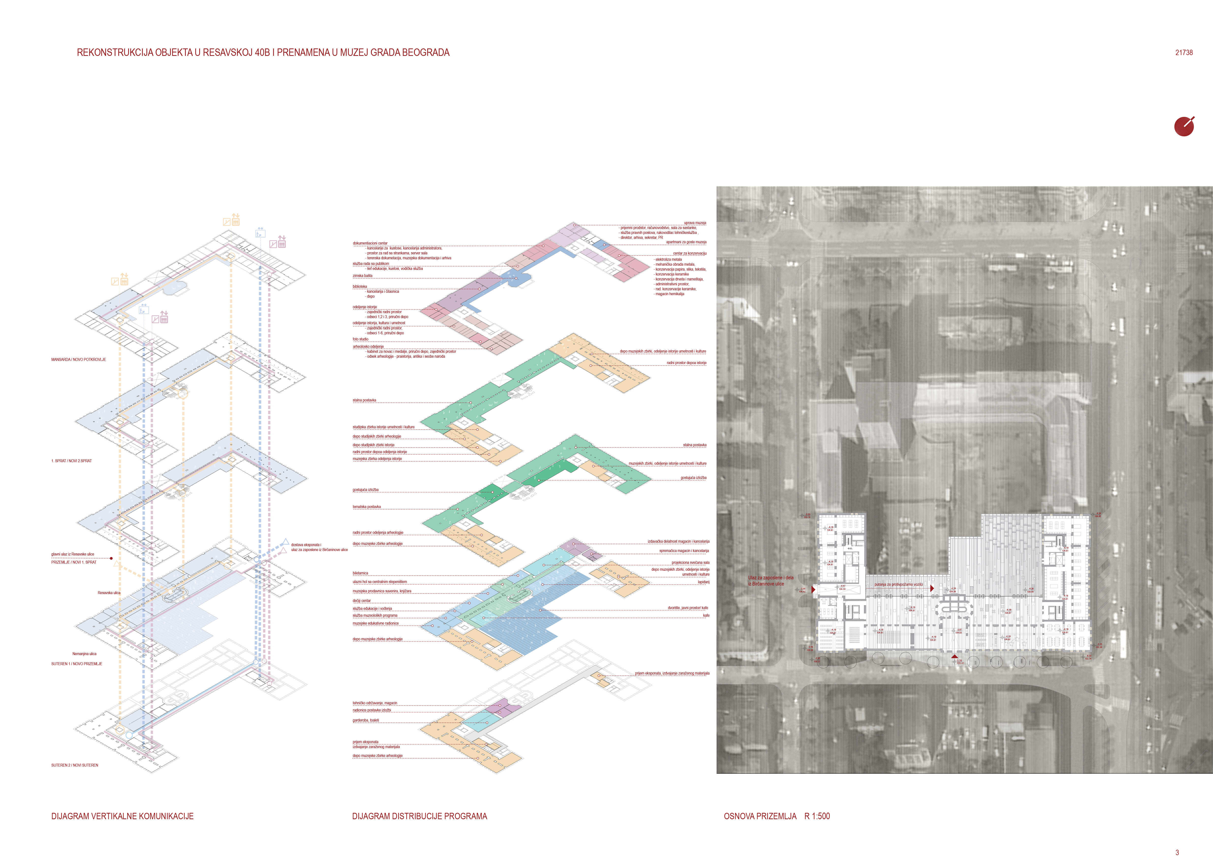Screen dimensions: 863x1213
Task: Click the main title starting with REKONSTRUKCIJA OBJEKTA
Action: click(x=263, y=53)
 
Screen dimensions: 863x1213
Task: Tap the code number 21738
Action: click(x=1184, y=53)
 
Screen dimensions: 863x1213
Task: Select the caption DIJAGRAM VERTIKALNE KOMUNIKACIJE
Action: click(x=122, y=816)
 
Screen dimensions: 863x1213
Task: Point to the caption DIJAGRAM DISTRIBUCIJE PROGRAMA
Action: click(x=419, y=816)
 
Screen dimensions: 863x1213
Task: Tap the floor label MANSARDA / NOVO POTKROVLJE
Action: click(x=79, y=360)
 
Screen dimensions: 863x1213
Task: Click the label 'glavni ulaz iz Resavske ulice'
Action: click(x=73, y=554)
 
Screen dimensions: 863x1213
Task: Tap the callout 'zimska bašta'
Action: click(x=362, y=276)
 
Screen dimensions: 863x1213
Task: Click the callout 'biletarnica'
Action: click(x=360, y=573)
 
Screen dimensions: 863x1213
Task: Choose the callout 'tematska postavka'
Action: click(x=367, y=507)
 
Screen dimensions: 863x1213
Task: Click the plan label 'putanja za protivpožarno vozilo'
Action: click(x=898, y=585)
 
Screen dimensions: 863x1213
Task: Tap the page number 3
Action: click(x=1177, y=852)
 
